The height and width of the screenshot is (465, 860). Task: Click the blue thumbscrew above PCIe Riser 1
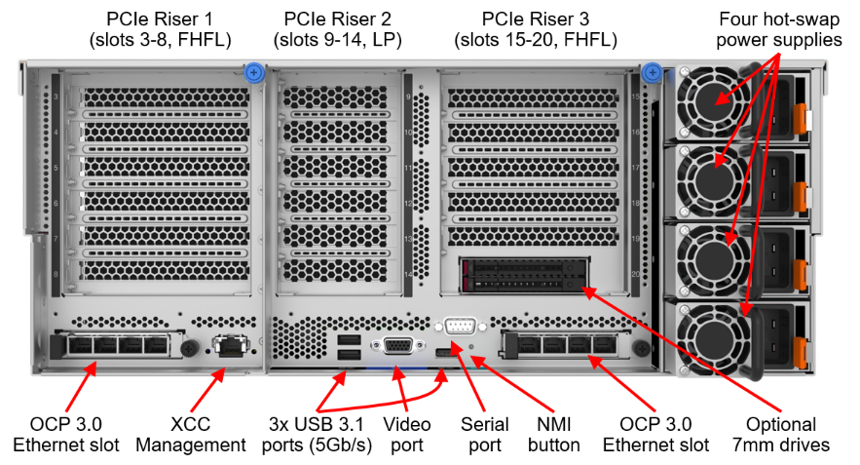pos(254,72)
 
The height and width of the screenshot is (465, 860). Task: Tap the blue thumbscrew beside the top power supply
pos(653,72)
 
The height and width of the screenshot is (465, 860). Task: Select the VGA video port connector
pos(398,345)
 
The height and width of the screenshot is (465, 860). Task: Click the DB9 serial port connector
pos(460,327)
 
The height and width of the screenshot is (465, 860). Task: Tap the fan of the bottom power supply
pos(713,337)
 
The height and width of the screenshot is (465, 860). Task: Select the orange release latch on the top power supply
pos(802,118)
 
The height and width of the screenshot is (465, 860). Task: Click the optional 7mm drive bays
pos(525,276)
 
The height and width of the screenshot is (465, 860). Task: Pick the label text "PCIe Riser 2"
pos(337,19)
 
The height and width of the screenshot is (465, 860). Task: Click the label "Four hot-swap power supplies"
pos(779,29)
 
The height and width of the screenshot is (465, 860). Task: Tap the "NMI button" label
pos(554,434)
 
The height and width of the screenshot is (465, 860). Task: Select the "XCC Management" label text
pos(190,434)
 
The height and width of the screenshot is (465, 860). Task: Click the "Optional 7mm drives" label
pos(781,434)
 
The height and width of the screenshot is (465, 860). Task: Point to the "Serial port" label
pos(485,434)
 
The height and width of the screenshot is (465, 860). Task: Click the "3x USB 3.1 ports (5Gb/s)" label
pos(317,434)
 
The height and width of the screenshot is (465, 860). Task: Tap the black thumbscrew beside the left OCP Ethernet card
pos(190,347)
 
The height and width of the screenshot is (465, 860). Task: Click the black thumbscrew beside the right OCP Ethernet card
pos(640,347)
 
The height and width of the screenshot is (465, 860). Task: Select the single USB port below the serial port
pos(441,352)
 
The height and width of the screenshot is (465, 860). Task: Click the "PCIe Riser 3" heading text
pos(536,19)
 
